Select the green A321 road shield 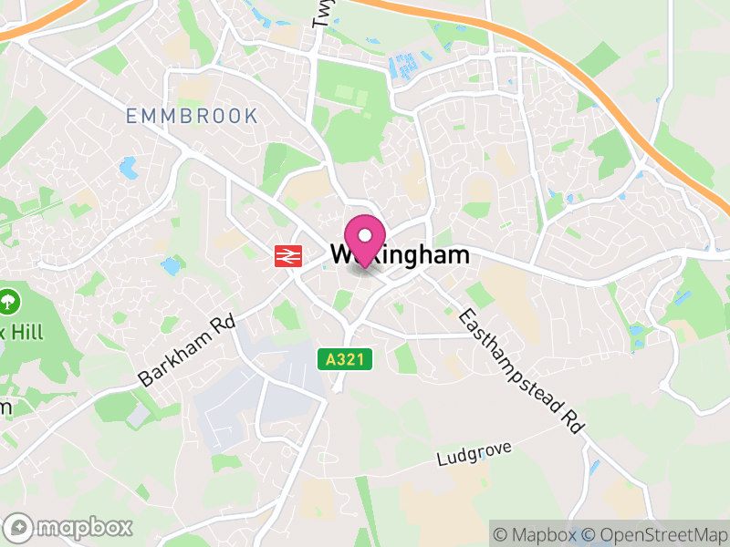coord(346,359)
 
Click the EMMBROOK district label coord(193,116)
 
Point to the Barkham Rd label coord(186,351)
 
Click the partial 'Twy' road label coord(320,13)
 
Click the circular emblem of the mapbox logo coord(19,527)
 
